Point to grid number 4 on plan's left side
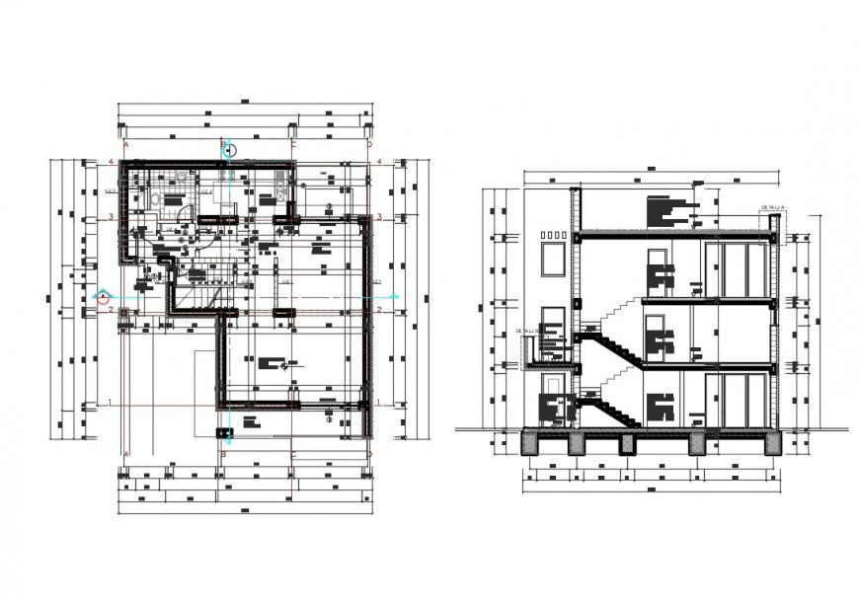click(112, 162)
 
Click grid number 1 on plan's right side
click(379, 402)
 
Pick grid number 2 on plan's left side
click(112, 309)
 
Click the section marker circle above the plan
click(229, 150)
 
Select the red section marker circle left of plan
click(102, 294)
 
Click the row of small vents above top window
click(552, 235)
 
